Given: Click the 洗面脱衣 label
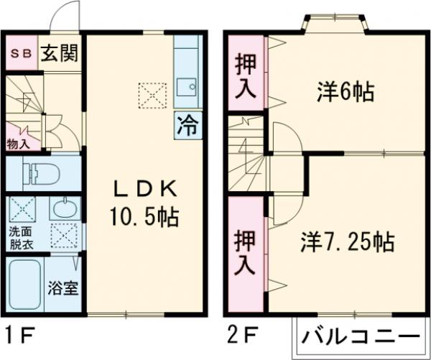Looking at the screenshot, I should coord(20,237).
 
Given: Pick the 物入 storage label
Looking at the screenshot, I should coord(18,143).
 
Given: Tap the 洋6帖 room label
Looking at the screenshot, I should coord(345,91).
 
